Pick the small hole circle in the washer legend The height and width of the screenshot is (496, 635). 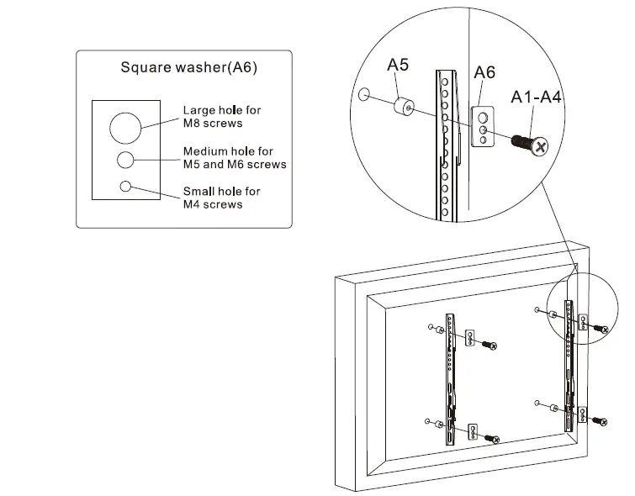click(126, 187)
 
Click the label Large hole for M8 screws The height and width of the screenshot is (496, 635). click(222, 116)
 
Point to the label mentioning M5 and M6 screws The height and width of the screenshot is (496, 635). click(235, 157)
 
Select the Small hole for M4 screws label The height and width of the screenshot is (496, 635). click(222, 198)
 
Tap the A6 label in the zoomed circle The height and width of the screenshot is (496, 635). click(484, 73)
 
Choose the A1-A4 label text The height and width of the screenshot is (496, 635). click(537, 98)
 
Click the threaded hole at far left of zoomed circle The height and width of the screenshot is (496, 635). click(364, 93)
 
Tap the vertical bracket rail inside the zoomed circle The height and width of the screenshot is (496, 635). click(447, 143)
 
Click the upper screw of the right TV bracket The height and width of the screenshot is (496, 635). click(600, 328)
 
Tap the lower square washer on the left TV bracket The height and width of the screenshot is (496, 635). click(474, 432)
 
